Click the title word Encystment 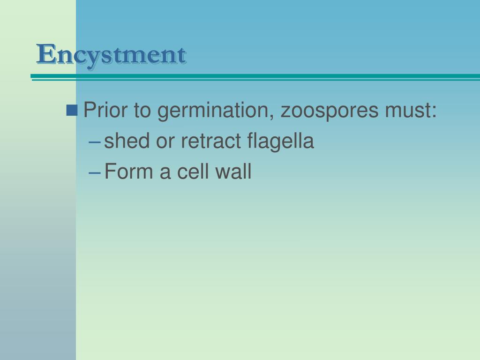112,54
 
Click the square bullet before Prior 73,111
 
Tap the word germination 216,112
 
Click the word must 408,111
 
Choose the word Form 128,172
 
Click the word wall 233,172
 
